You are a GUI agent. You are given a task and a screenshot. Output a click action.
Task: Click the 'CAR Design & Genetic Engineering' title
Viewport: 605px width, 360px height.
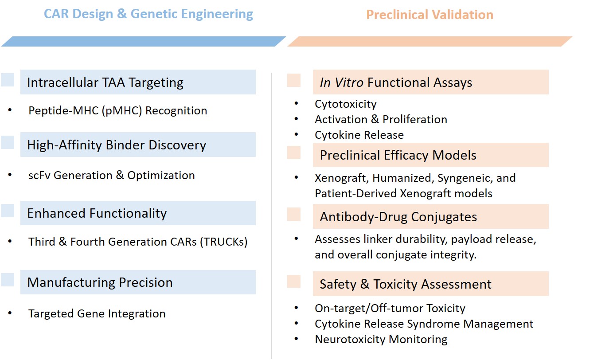(x=148, y=14)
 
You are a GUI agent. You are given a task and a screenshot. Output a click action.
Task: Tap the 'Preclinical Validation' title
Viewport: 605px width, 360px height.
(x=429, y=15)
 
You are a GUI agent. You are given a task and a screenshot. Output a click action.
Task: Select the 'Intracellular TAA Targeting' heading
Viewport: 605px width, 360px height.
(x=105, y=82)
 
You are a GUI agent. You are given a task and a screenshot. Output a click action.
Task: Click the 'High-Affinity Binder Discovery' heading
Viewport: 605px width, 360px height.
(x=117, y=145)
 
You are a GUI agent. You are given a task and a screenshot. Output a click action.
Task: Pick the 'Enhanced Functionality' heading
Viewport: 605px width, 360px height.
(x=97, y=213)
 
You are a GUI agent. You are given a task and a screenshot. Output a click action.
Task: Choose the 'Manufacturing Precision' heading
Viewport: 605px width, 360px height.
(x=100, y=282)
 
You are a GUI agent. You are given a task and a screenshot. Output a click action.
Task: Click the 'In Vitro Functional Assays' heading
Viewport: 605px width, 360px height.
(x=396, y=82)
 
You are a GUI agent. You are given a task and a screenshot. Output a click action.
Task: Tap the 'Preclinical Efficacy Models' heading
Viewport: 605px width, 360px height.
(x=398, y=155)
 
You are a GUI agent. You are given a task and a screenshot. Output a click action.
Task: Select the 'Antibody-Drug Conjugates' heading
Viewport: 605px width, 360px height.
(x=398, y=217)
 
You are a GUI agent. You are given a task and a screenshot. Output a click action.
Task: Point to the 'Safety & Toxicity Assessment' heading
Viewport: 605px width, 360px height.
(x=406, y=284)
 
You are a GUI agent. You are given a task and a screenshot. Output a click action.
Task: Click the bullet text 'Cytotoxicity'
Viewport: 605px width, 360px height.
(x=346, y=104)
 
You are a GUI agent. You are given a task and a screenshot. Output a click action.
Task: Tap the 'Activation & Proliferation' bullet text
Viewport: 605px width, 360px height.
(x=381, y=119)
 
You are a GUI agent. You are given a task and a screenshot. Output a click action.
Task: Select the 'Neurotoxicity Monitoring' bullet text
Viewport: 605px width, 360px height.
(x=381, y=340)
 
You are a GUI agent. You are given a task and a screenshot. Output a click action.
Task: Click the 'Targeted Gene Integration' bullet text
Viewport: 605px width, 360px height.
(x=97, y=314)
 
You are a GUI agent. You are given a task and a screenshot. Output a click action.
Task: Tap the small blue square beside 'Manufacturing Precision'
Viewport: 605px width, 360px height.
(x=8, y=280)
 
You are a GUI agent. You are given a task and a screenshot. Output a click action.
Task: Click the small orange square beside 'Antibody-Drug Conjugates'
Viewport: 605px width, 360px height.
(x=294, y=215)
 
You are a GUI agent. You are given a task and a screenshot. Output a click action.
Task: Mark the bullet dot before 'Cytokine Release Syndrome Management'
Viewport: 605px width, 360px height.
(x=297, y=324)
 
